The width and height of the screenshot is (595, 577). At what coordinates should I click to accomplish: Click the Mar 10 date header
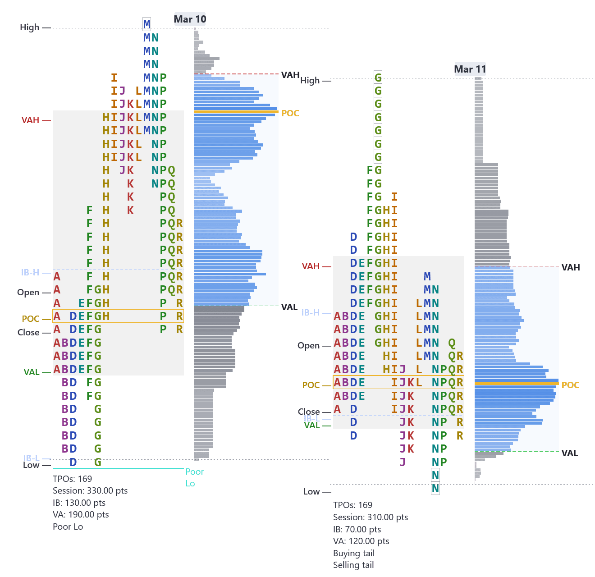[x=190, y=19]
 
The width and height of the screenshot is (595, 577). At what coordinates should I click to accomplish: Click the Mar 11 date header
[x=470, y=69]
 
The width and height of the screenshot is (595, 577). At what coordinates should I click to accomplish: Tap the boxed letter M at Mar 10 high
[x=147, y=24]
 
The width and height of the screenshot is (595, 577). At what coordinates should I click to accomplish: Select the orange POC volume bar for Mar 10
[x=236, y=111]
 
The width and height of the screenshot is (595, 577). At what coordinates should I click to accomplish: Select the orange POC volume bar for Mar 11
[x=517, y=383]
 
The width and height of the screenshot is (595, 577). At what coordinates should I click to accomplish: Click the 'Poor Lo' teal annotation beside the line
[x=194, y=477]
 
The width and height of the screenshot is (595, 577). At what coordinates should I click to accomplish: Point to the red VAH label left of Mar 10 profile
[x=30, y=120]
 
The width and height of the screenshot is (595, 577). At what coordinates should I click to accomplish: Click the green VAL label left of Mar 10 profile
[x=31, y=372]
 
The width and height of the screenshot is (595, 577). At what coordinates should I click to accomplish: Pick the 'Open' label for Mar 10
[x=28, y=292]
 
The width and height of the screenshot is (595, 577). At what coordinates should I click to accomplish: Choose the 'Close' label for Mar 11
[x=308, y=412]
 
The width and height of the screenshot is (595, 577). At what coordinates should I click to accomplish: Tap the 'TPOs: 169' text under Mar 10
[x=72, y=479]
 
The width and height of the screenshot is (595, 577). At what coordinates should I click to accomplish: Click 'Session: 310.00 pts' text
[x=370, y=517]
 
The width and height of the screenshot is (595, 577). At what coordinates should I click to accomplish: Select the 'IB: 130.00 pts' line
[x=79, y=503]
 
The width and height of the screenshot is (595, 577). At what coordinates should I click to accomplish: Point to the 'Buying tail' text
[x=353, y=553]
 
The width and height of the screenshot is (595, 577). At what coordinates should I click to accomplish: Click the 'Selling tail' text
[x=353, y=565]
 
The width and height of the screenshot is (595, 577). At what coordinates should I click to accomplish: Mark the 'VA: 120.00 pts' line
[x=361, y=541]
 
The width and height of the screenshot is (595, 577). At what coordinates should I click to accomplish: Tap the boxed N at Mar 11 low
[x=435, y=488]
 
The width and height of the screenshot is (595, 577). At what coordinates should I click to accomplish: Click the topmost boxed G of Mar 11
[x=378, y=78]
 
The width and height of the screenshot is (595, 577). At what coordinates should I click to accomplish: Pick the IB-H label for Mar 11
[x=310, y=312]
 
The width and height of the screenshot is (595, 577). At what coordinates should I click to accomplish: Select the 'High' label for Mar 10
[x=29, y=27]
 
